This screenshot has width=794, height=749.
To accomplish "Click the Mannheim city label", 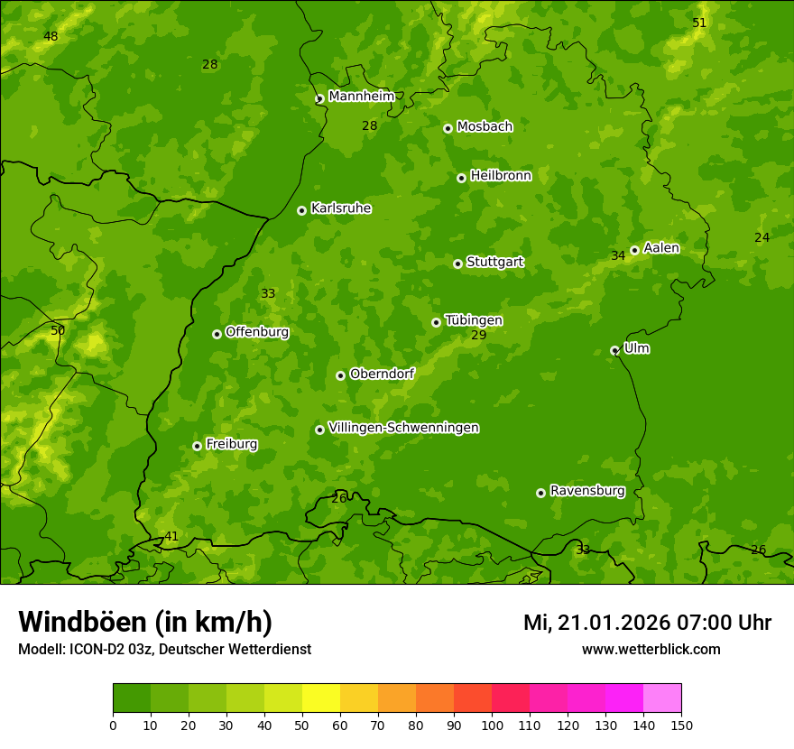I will tap(361, 97).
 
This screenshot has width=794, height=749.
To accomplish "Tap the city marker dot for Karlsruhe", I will tap(301, 210).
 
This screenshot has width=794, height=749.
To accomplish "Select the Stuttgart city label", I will tap(494, 263).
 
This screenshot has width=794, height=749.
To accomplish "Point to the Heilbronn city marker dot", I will tap(461, 178).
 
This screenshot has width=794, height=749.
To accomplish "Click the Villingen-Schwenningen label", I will tap(403, 428).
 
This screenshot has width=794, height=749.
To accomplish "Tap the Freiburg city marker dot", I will tap(197, 446).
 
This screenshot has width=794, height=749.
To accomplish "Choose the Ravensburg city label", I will tap(587, 491).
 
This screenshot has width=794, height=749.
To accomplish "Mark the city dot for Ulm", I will tap(614, 350).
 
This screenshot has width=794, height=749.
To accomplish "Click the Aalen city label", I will tap(661, 248).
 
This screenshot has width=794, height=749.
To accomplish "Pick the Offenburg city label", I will tap(257, 332).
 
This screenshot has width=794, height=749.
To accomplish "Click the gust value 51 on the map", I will tap(699, 23).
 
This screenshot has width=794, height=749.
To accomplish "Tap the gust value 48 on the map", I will tap(51, 37).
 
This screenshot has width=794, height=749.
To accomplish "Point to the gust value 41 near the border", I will tap(171, 537).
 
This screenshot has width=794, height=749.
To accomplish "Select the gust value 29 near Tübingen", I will tap(478, 336).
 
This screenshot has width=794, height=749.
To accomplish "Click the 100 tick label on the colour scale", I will tap(492, 725).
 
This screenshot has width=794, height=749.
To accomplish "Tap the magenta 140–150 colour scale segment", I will tap(662, 698).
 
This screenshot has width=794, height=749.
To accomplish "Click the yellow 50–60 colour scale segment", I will tap(321, 698).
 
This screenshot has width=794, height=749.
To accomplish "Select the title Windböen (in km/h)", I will tap(145, 623).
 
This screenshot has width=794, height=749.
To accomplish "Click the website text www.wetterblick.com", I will tap(651, 650).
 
